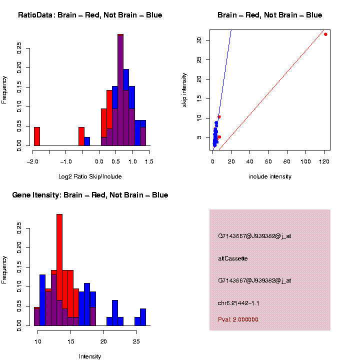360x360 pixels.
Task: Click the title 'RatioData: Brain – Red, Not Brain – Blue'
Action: [90, 15]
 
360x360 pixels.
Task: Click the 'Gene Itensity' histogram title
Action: [90, 195]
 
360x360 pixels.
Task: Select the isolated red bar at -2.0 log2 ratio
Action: [36, 136]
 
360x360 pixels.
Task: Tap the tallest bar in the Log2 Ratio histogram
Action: [120, 90]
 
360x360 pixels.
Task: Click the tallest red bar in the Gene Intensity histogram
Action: [59, 250]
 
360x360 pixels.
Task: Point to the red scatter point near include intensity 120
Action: [325, 34]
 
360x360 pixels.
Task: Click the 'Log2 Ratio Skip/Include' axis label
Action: [90, 176]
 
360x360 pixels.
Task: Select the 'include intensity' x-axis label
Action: [270, 176]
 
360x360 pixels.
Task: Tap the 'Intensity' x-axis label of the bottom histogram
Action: [90, 356]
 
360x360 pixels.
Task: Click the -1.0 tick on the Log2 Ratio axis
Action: [66, 161]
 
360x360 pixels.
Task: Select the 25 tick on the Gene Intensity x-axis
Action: [136, 341]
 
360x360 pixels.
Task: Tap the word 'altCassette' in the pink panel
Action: [233, 258]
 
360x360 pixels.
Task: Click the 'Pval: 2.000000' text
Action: [238, 319]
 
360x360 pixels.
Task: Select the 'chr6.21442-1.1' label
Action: [238, 303]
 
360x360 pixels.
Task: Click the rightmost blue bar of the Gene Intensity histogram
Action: [143, 317]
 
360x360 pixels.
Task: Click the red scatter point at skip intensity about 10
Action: [219, 117]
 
